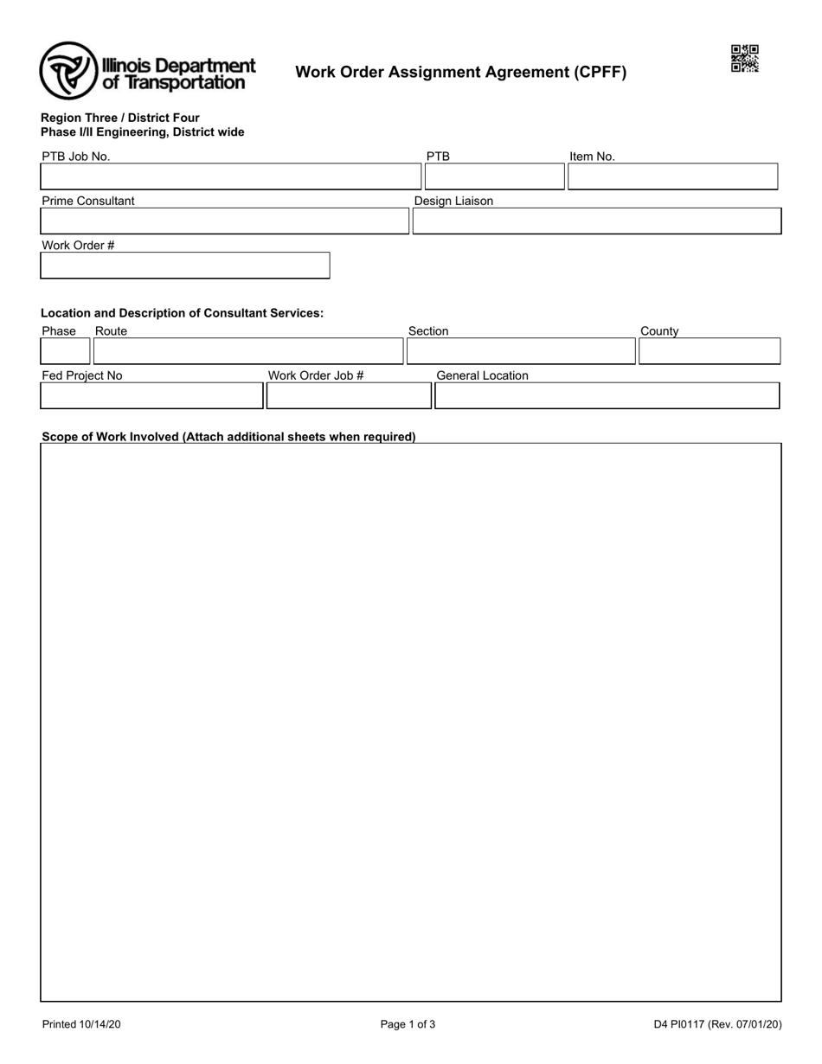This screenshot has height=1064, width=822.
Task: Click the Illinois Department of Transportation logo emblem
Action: coord(69,71)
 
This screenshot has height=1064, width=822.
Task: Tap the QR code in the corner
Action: coord(744,59)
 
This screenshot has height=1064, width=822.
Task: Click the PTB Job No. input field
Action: coord(231,176)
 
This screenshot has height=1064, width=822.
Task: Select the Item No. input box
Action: coord(672,176)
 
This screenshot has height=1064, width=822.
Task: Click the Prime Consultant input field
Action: coord(225,221)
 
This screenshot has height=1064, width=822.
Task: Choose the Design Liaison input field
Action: coord(596,221)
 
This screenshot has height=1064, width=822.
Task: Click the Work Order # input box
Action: coord(185,266)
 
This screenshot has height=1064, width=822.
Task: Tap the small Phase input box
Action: coord(66,351)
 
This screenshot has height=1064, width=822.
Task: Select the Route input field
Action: coord(248,351)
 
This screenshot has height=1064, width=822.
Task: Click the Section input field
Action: coord(521,351)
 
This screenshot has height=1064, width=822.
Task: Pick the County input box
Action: coord(709,351)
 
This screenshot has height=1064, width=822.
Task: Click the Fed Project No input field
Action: coord(152,395)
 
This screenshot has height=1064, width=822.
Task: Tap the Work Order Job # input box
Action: coord(349,395)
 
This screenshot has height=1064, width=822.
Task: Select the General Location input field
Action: coord(607,395)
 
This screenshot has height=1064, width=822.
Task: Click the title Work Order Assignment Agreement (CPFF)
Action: coord(460,73)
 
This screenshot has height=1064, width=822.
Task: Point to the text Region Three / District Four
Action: coord(120,118)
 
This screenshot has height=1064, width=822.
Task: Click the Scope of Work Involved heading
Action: coord(228,437)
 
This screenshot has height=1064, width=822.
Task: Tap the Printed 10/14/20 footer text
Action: coord(81,1025)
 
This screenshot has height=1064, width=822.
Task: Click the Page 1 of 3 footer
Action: coord(408,1025)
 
